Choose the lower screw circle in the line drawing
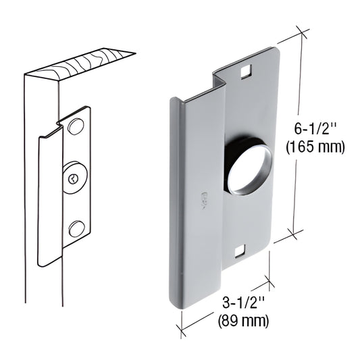[x=77, y=228]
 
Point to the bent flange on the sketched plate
[x=49, y=196]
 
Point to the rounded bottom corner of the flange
[x=174, y=302]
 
